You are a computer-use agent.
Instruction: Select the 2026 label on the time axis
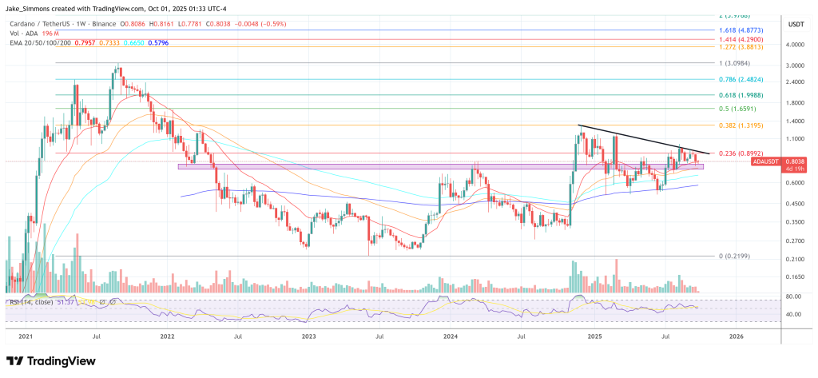[736, 337]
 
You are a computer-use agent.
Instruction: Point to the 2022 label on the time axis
[167, 337]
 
